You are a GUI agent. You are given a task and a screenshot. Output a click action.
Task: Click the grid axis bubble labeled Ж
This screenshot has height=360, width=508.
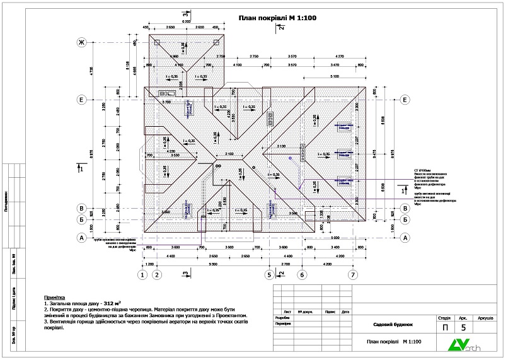pyautogui.click(x=81, y=42)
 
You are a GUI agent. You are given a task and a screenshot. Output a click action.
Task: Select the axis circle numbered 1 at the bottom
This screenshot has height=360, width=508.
pyautogui.click(x=143, y=274)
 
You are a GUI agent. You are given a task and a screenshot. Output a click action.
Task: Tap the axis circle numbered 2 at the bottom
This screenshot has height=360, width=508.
pyautogui.click(x=158, y=274)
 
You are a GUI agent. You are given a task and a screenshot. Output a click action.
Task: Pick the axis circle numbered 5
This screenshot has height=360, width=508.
pyautogui.click(x=269, y=274)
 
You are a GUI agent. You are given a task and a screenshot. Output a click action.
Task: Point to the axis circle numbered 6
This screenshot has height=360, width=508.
pyautogui.click(x=302, y=274)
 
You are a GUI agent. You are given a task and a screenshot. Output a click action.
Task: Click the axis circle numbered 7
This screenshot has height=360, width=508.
pyautogui.click(x=353, y=274)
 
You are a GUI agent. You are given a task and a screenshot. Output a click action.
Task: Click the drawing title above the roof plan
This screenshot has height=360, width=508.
pyautogui.click(x=272, y=18)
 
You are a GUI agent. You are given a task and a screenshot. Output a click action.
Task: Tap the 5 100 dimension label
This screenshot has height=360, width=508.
pyautogui.click(x=334, y=78)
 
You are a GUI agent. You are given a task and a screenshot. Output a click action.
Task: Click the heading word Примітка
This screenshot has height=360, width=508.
pyautogui.click(x=54, y=296)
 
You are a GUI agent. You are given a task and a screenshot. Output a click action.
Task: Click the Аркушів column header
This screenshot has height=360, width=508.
pyautogui.click(x=485, y=318)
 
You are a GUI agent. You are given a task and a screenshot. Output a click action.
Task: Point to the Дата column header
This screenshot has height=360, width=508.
pyautogui.click(x=345, y=311)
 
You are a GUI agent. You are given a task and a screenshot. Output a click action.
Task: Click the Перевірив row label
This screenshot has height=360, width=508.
pyautogui.click(x=284, y=325)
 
